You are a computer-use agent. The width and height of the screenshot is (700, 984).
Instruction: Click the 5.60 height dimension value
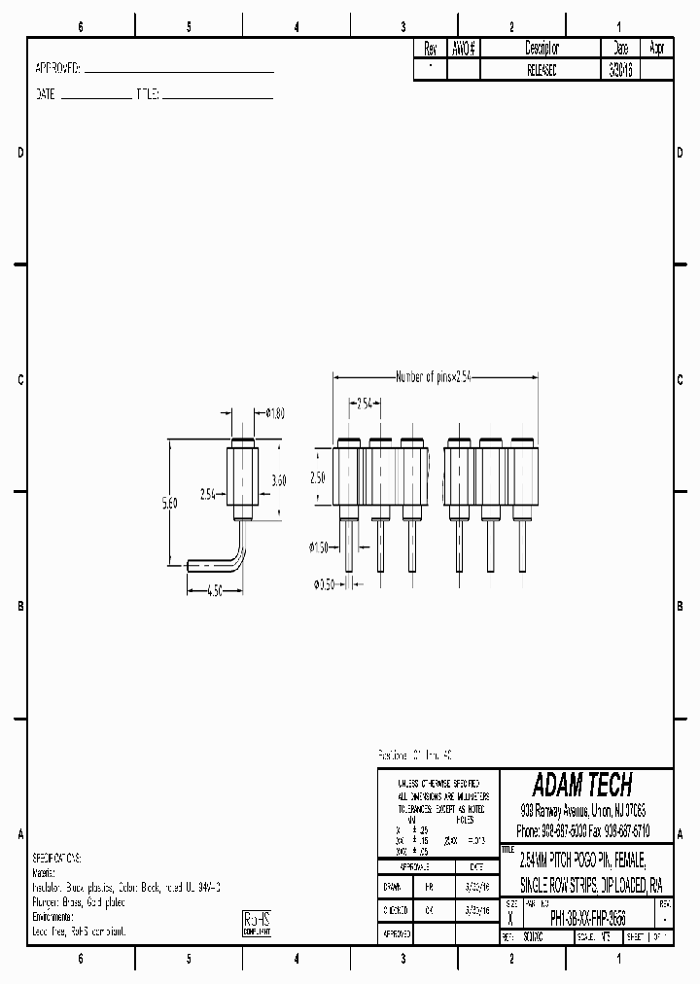click(x=170, y=503)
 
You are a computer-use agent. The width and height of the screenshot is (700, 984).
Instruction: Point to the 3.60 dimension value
click(x=279, y=479)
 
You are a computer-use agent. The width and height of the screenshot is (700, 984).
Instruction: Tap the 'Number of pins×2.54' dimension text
click(x=433, y=377)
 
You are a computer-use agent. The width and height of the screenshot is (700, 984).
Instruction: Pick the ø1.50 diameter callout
click(x=320, y=548)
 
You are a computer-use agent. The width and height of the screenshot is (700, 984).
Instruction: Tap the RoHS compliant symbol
click(x=257, y=924)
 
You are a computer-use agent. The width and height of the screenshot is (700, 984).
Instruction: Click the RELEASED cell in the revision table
click(x=542, y=70)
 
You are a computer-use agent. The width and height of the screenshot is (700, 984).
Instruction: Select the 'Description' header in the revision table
click(x=542, y=48)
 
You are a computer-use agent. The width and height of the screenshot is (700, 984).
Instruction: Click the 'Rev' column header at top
click(x=430, y=48)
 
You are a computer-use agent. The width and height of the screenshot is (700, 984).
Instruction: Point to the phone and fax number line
click(x=583, y=831)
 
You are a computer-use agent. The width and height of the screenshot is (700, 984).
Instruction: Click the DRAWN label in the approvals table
click(x=392, y=888)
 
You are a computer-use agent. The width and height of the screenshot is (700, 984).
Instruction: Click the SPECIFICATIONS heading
click(x=57, y=859)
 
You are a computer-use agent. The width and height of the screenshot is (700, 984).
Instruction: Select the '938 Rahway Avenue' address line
click(x=583, y=810)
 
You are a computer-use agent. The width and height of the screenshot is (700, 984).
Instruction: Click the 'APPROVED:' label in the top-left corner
click(x=57, y=70)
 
